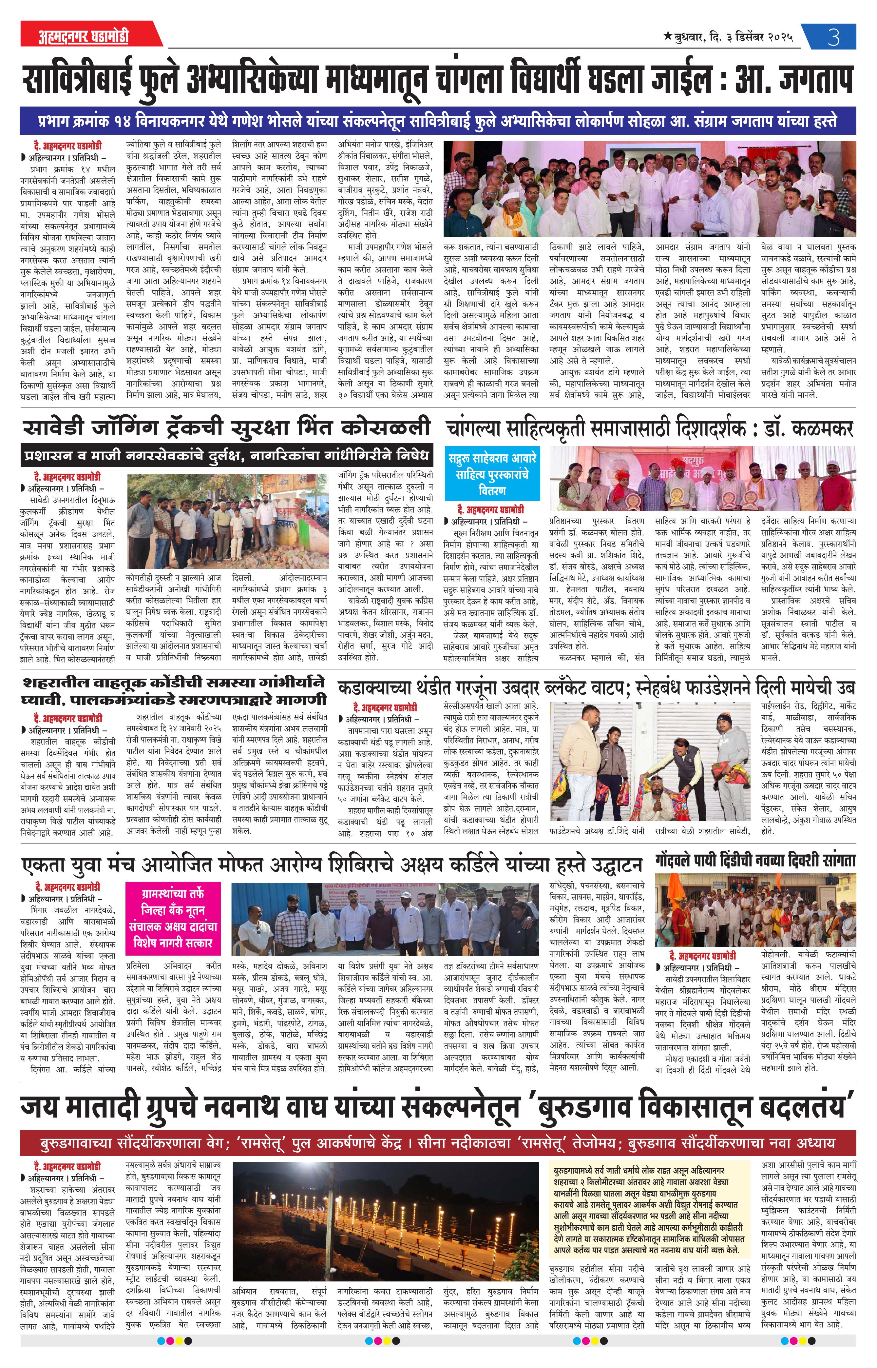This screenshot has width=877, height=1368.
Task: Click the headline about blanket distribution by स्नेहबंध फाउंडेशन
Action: point(596,688)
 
